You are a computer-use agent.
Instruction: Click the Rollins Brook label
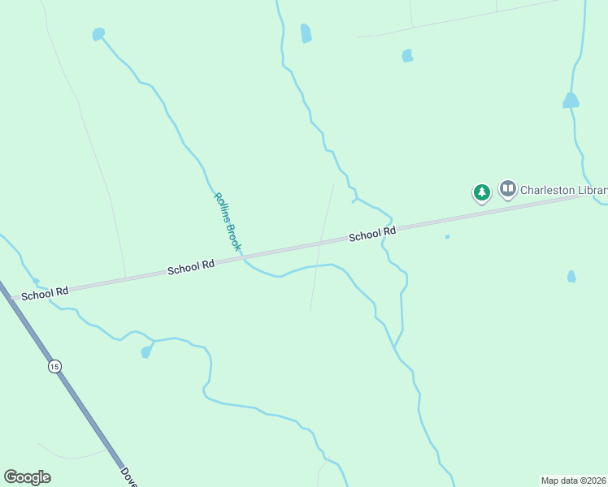click(x=228, y=221)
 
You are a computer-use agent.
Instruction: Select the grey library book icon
click(x=508, y=189)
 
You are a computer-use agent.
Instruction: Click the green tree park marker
click(x=482, y=192)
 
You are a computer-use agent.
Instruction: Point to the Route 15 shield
click(x=54, y=367)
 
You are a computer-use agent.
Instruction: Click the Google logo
click(x=27, y=477)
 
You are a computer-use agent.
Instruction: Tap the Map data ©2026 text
click(x=574, y=481)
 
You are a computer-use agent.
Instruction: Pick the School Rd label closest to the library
click(x=372, y=235)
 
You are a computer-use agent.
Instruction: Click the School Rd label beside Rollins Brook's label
click(x=190, y=266)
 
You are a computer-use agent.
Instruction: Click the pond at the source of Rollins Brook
click(x=98, y=34)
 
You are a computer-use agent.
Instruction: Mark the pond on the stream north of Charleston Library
click(x=571, y=101)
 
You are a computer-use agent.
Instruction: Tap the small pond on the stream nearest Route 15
click(x=146, y=351)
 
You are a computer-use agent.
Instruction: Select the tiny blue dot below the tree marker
click(x=447, y=237)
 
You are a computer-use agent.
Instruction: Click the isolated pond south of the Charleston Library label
click(x=571, y=277)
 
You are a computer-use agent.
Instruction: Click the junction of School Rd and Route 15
click(x=8, y=298)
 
